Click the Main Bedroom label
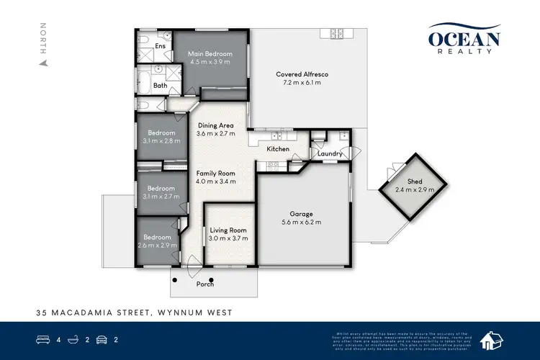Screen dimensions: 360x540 click(210, 54)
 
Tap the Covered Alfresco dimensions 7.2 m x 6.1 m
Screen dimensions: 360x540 click(302, 83)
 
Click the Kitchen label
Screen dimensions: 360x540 click(278, 149)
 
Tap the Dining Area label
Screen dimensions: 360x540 click(217, 125)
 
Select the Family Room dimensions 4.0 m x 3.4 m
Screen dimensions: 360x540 click(217, 181)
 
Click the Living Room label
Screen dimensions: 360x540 click(229, 230)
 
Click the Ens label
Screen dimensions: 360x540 click(161, 46)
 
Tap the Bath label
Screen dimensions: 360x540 click(160, 86)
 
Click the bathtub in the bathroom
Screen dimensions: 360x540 click(143, 82)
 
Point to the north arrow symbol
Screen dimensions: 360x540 click(43, 62)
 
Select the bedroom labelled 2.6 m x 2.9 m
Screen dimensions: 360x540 click(156, 241)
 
